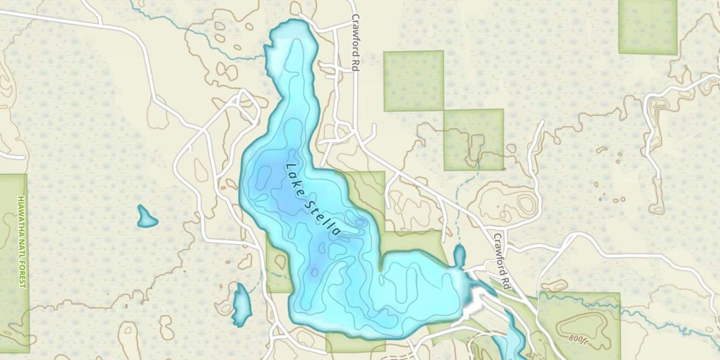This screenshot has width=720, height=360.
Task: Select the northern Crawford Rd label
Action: click(356, 43)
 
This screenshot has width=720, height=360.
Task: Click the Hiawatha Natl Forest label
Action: click(22, 241)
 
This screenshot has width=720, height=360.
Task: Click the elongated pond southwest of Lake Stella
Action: click(241, 304)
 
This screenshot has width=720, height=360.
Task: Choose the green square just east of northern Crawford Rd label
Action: click(413, 81)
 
